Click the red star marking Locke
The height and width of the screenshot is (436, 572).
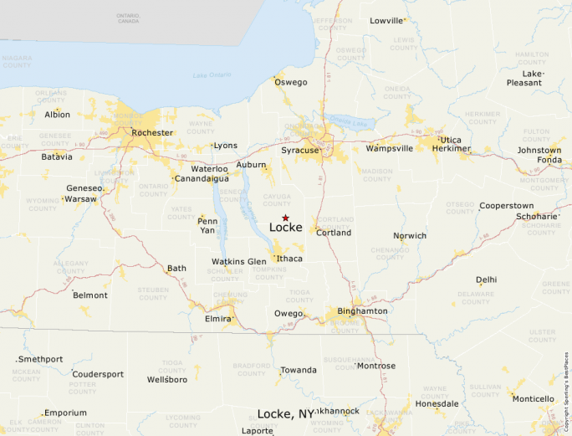pos(285,218)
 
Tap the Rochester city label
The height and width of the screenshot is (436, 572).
pos(152,132)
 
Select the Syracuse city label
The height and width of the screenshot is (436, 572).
pos(299,150)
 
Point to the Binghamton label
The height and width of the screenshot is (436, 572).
pos(362,311)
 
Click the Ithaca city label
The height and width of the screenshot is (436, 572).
pos(289,259)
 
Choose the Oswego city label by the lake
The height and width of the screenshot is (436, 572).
pos(291,82)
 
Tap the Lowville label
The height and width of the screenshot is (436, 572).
pos(386,21)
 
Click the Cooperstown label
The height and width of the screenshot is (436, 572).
pos(506,206)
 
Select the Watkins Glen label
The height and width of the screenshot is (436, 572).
pos(239,262)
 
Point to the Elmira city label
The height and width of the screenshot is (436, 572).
pos(217,319)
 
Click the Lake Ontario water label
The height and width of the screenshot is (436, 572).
pos(212,76)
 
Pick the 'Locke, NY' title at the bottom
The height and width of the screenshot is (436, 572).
pos(285,414)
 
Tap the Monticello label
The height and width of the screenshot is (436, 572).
pos(533,399)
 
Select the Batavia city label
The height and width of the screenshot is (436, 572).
pos(57,156)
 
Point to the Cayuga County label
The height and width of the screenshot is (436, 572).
pos(277,199)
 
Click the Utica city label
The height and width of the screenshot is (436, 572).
pos(450,140)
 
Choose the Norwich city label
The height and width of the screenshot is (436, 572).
pos(410,236)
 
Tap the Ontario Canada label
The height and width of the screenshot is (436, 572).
pos(128,18)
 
